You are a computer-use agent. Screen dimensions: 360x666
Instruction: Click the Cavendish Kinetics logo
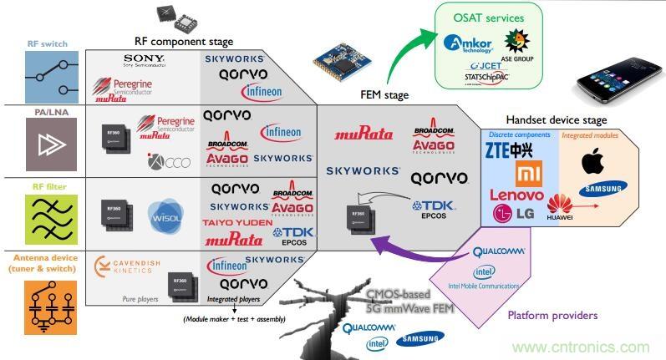(x=126, y=266)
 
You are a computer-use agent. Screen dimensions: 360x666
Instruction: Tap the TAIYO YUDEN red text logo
(x=236, y=224)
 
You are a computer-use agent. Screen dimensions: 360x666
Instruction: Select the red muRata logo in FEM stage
(x=364, y=133)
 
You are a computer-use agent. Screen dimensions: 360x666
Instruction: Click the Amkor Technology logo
(x=472, y=43)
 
